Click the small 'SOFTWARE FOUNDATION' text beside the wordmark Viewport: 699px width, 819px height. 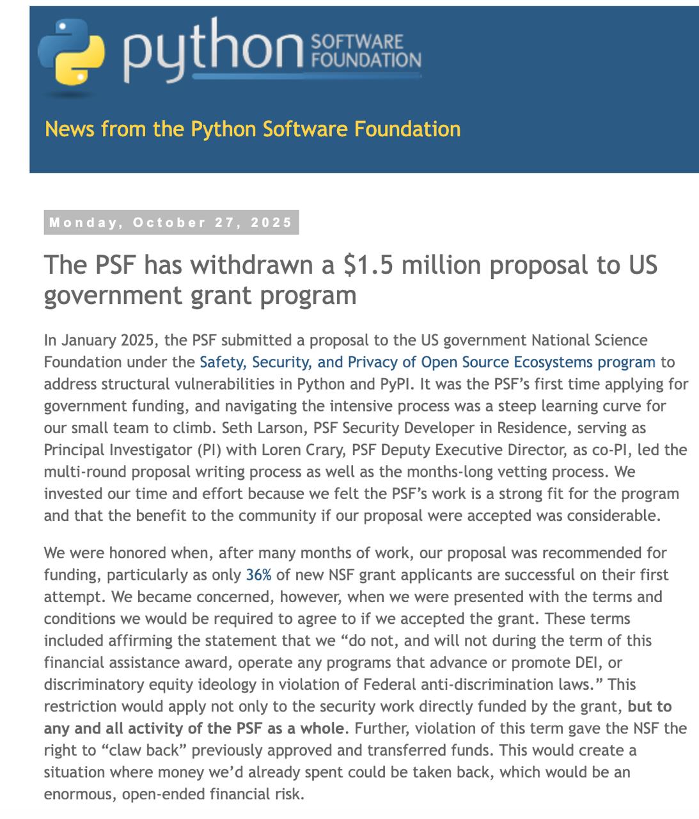(365, 51)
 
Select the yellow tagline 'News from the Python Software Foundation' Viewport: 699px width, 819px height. (253, 129)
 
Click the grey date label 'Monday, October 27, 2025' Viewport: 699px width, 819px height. (171, 223)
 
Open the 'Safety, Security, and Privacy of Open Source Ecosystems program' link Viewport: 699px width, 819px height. (427, 362)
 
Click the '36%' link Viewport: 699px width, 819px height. (258, 575)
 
